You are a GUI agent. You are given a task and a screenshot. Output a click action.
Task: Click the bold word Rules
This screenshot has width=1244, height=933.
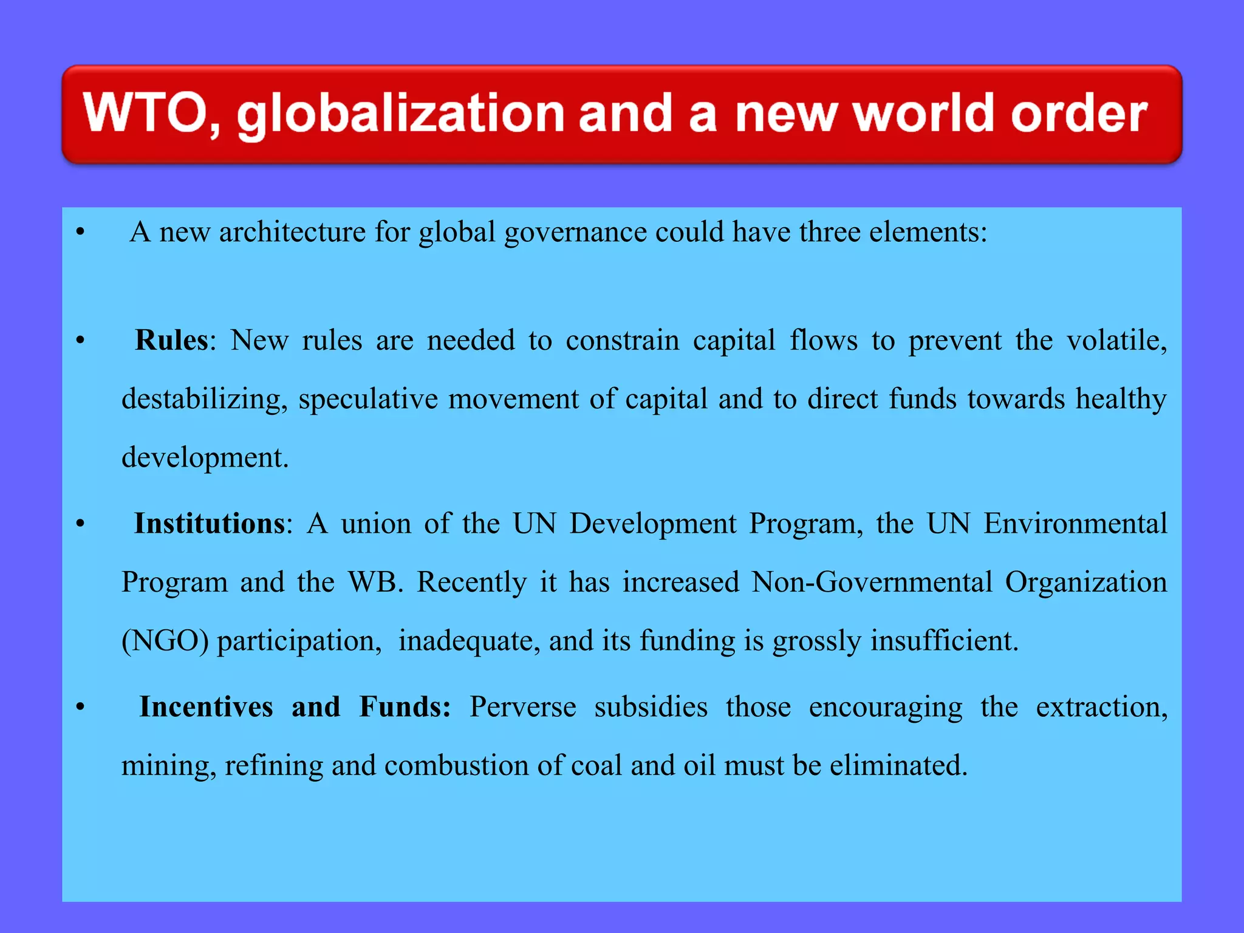pyautogui.click(x=171, y=340)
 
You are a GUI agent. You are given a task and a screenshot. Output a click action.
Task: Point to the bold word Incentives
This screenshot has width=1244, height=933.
pyautogui.click(x=206, y=707)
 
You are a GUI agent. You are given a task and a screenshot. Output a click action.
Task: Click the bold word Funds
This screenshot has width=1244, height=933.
pyautogui.click(x=403, y=707)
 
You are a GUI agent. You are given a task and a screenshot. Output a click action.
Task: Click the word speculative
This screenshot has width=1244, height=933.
pyautogui.click(x=368, y=400)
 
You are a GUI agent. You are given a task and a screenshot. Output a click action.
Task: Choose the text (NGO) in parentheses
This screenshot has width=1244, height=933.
pyautogui.click(x=165, y=641)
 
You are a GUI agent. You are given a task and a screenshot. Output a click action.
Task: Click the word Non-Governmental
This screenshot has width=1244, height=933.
pyautogui.click(x=872, y=582)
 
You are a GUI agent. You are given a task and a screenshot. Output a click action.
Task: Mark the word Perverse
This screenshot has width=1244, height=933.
pyautogui.click(x=522, y=707)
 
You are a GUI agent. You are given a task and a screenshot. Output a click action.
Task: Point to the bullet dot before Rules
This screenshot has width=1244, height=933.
pyautogui.click(x=80, y=341)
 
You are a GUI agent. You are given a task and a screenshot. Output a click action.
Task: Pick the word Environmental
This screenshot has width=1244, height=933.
pyautogui.click(x=1075, y=524)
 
